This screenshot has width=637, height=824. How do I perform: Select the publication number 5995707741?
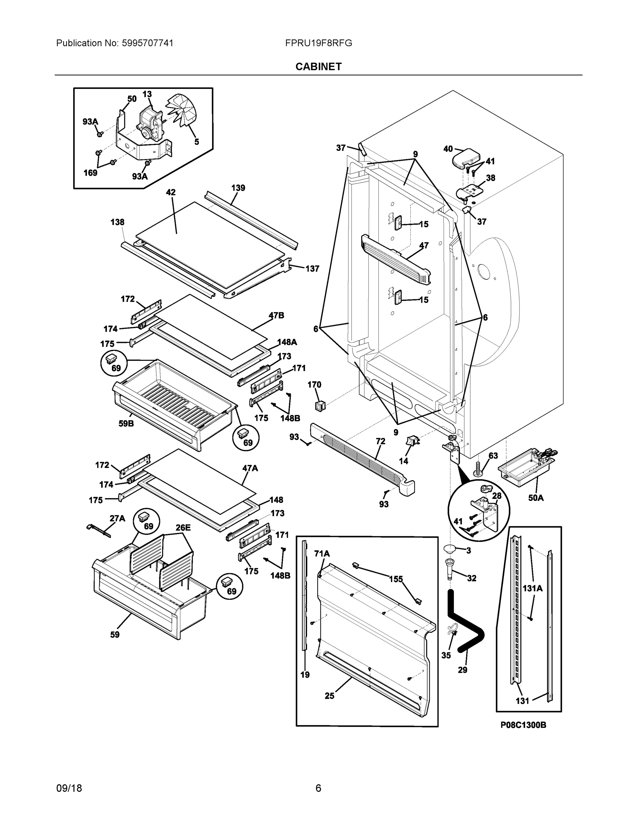147,43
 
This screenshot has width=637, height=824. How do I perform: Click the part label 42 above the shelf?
171,192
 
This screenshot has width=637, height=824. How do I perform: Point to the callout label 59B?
126,423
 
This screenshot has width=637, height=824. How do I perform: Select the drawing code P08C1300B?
523,725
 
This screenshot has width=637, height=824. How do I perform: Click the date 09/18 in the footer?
69,788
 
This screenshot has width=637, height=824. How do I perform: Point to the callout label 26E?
183,527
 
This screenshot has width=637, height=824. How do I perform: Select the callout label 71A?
322,553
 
